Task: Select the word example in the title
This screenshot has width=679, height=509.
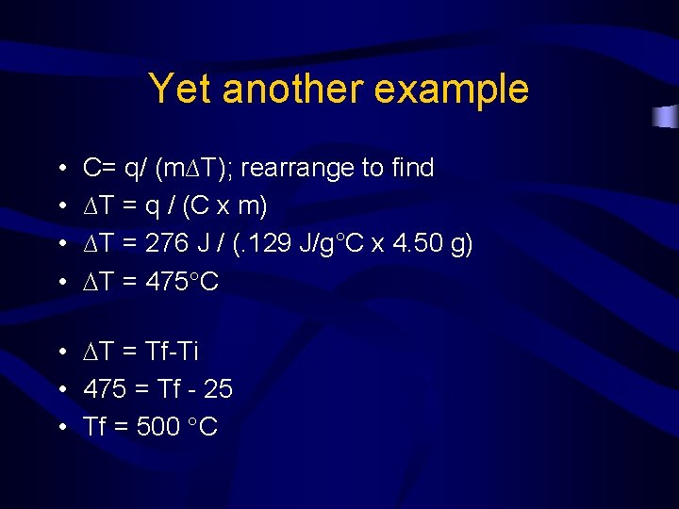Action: pos(452,90)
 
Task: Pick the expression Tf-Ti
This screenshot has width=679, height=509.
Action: pos(173,352)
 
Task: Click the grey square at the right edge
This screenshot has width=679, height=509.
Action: pos(667,117)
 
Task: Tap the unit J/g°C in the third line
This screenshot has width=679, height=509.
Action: pos(329,244)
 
